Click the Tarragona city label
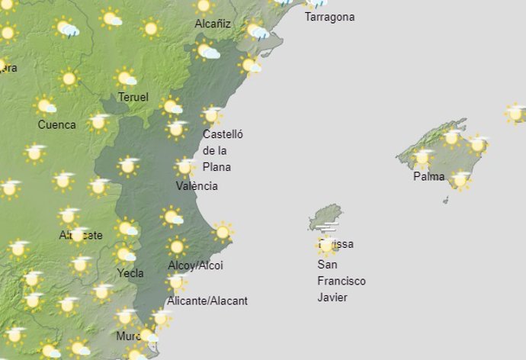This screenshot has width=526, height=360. click(x=329, y=17)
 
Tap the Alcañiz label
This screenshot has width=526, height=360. click(x=213, y=24)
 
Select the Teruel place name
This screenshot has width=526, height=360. click(x=133, y=97)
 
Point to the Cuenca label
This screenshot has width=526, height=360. click(x=56, y=124)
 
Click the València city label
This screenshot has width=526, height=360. click(x=197, y=186)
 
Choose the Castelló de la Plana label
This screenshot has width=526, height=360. click(x=222, y=150)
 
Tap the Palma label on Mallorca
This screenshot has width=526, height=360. click(x=428, y=176)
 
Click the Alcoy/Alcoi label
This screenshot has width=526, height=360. click(x=195, y=265)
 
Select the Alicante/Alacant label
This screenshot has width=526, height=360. click(x=207, y=301)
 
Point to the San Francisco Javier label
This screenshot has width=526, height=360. click(x=341, y=281)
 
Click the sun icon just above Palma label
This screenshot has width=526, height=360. click(x=422, y=159)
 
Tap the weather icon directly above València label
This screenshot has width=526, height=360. click(x=184, y=167)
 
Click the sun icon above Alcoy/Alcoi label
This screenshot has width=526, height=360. click(x=177, y=246)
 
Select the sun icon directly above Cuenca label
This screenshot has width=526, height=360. click(x=45, y=105)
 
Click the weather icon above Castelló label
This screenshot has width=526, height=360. click(x=211, y=115)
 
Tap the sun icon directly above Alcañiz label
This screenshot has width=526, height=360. click(x=204, y=6)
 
